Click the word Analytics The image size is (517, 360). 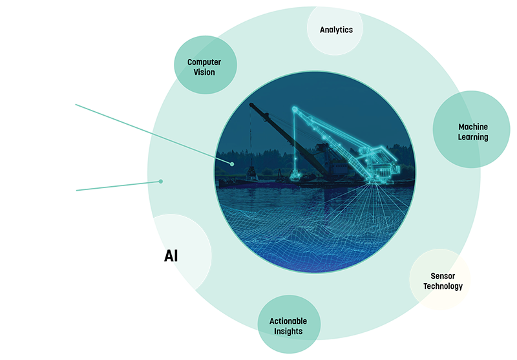pos(336,30)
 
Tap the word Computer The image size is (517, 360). pos(204,62)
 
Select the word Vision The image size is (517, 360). pos(204,72)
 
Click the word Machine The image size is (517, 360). pos(473,127)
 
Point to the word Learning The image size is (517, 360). pos(473,137)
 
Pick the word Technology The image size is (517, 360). pos(443,286)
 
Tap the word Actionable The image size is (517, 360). pos(288,321)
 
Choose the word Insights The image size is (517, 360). pos(288,332)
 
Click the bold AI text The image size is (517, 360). pos(171,256)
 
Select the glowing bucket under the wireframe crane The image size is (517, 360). pos(295,175)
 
